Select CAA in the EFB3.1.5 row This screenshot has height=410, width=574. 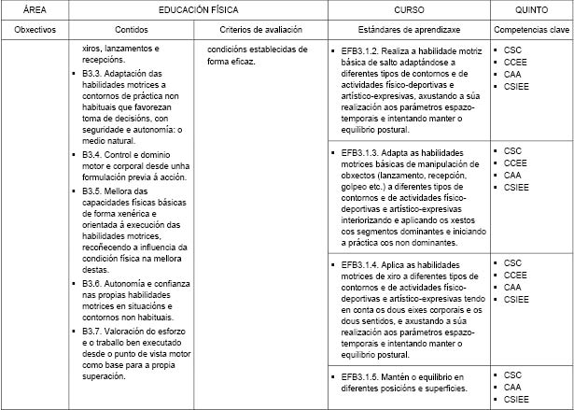tap(512, 387)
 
